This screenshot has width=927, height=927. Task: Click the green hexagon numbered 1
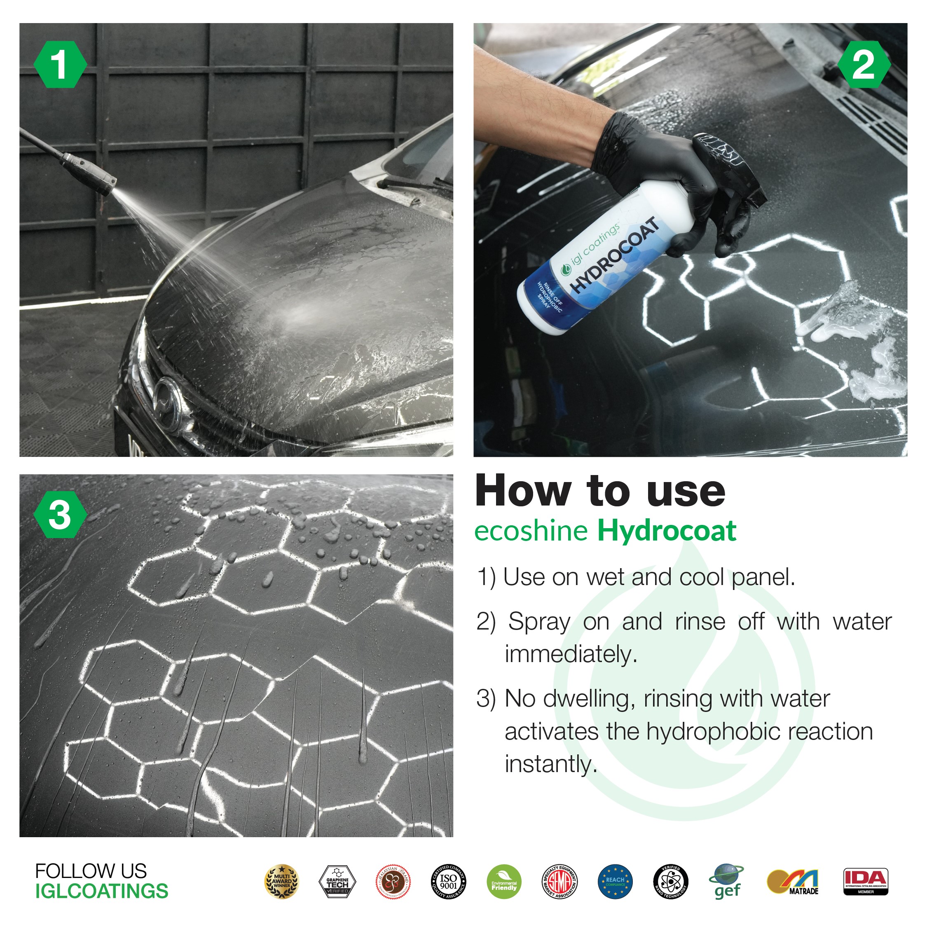click(60, 64)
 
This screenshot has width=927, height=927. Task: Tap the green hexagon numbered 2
click(864, 64)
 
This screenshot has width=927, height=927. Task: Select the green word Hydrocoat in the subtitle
click(667, 531)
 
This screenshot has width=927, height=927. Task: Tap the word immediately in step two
click(571, 654)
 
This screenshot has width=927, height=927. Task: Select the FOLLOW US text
click(91, 871)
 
